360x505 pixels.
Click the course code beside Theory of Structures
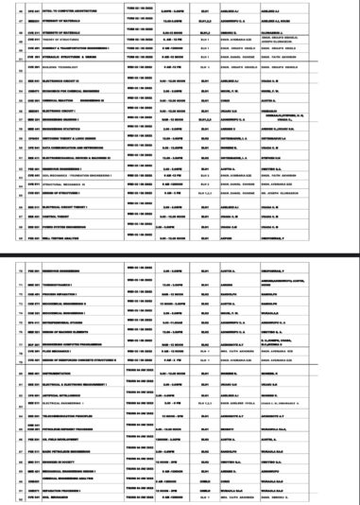click(x=48, y=38)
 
